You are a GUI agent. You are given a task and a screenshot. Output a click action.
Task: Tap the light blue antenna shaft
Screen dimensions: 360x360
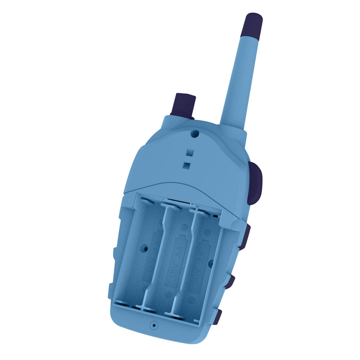pyautogui.click(x=239, y=79)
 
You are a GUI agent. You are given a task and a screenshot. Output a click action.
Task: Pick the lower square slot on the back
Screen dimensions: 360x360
pyautogui.click(x=187, y=165)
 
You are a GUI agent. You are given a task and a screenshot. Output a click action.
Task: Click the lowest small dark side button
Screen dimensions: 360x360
pyautogui.click(x=217, y=317)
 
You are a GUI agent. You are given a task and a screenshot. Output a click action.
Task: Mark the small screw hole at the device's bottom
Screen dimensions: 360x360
pyautogui.click(x=154, y=325)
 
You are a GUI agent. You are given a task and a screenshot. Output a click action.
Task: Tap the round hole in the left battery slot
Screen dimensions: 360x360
pyautogui.click(x=145, y=248)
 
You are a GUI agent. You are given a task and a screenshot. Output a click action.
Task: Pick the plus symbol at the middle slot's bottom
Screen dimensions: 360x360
pyautogui.click(x=168, y=294)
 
